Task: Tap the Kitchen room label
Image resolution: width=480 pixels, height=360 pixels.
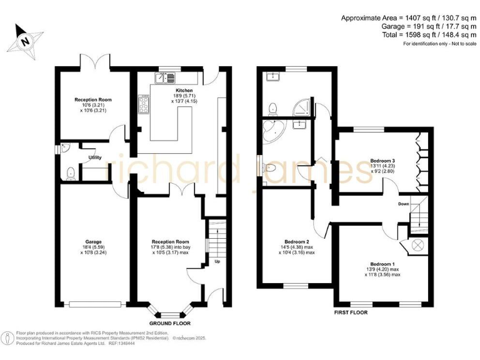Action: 166,91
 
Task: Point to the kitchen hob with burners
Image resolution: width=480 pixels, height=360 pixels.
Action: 143,105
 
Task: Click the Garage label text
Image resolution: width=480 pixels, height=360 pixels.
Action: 94,241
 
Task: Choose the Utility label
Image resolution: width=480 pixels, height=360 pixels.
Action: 94,157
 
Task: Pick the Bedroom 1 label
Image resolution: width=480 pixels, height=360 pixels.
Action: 382,264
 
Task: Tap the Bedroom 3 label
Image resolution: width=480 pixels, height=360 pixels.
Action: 382,161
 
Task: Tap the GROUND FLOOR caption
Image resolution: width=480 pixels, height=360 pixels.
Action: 169,323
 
